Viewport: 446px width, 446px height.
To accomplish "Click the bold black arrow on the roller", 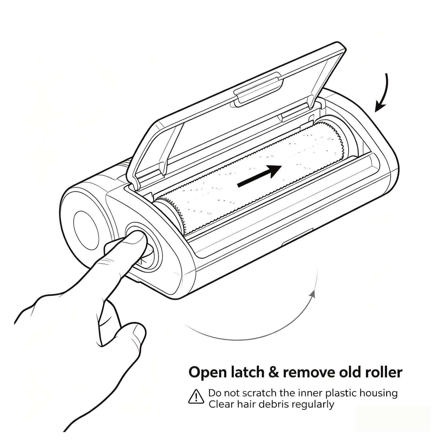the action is [x=259, y=176].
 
